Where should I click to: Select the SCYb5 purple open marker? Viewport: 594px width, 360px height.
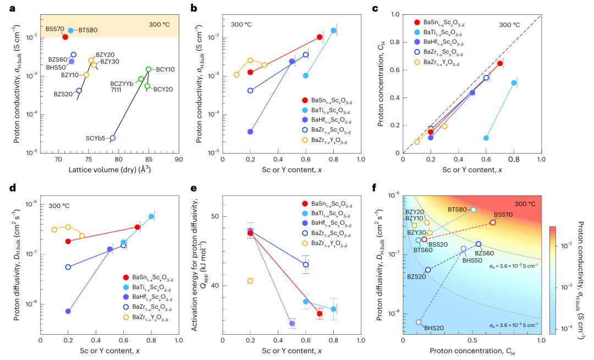(x=113, y=138)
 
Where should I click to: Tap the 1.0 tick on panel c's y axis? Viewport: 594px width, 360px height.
(x=395, y=15)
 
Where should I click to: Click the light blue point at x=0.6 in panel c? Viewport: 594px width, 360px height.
(x=486, y=138)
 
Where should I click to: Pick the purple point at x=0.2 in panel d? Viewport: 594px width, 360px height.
(x=68, y=311)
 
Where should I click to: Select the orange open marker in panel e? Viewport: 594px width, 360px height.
(x=250, y=281)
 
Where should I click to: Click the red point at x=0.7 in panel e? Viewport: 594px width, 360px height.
(x=320, y=314)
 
